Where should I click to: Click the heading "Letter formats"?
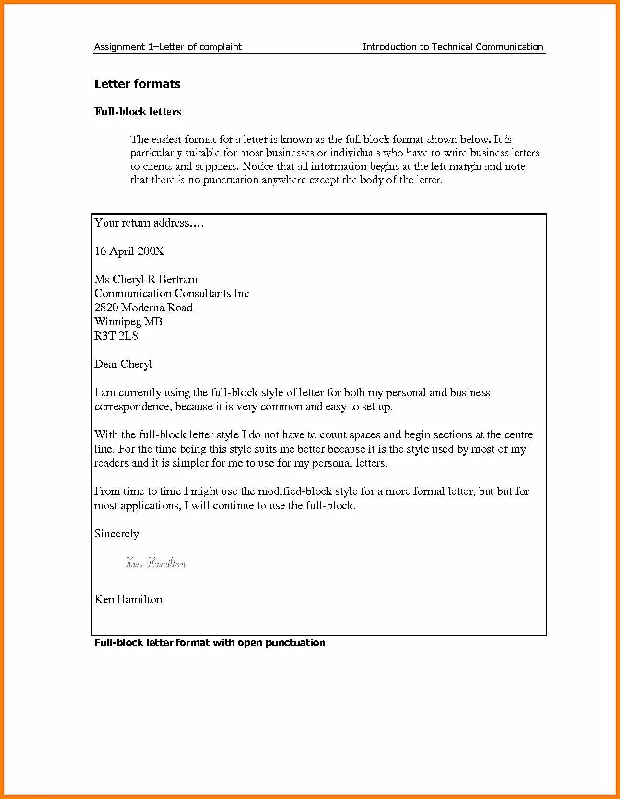click(x=137, y=84)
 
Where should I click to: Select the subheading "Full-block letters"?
click(x=138, y=112)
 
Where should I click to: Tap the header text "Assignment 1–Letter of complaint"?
click(x=168, y=46)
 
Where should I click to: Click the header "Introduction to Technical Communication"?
click(x=453, y=46)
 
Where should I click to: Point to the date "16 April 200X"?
click(x=129, y=251)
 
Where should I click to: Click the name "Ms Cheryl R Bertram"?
click(x=146, y=279)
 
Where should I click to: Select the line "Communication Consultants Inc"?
click(x=172, y=293)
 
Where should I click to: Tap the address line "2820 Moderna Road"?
click(x=143, y=308)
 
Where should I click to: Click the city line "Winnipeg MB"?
click(x=128, y=321)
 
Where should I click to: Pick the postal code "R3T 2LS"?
click(x=116, y=336)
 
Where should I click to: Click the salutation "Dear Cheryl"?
click(x=123, y=364)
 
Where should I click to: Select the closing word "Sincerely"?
click(x=117, y=534)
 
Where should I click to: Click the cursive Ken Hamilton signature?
click(x=156, y=563)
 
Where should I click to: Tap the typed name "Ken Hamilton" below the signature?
click(x=128, y=599)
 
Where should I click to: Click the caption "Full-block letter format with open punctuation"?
click(x=210, y=643)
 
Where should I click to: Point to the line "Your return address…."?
click(x=149, y=223)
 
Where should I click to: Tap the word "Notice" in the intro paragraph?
click(x=258, y=166)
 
